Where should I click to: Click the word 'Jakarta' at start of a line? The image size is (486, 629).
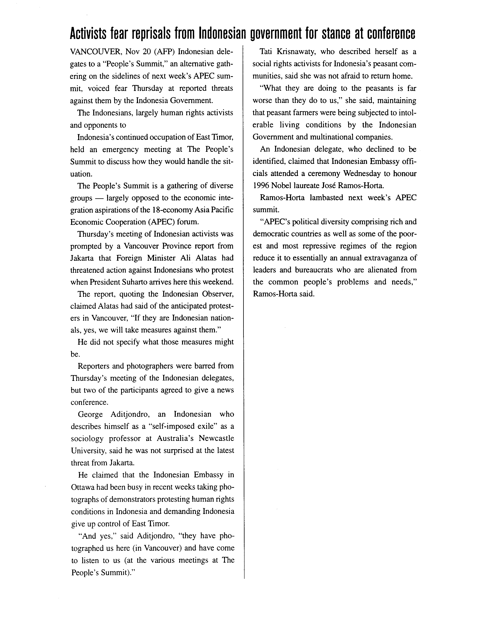pos(82,258)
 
